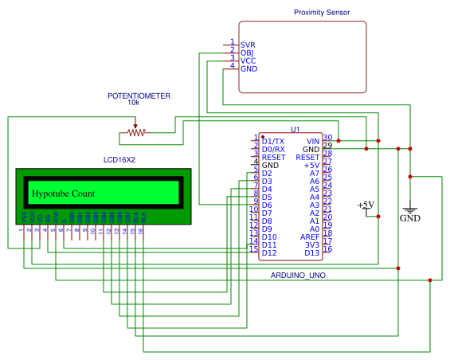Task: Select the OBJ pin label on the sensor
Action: [x=247, y=53]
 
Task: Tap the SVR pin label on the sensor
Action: [x=247, y=45]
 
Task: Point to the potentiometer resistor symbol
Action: [x=136, y=132]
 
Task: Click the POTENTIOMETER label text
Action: [x=139, y=96]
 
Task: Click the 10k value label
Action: [x=134, y=104]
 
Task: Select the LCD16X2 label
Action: [x=119, y=160]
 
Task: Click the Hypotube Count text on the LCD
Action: [x=64, y=194]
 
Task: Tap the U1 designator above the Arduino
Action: [x=295, y=129]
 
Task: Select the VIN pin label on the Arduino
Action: [x=312, y=141]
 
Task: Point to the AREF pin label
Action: [x=309, y=237]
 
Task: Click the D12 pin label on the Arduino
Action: [x=269, y=252]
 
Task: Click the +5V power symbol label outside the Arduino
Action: [x=366, y=205]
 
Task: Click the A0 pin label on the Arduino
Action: [x=314, y=229]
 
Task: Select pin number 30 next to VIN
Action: [x=327, y=138]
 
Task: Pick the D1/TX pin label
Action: [x=272, y=141]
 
